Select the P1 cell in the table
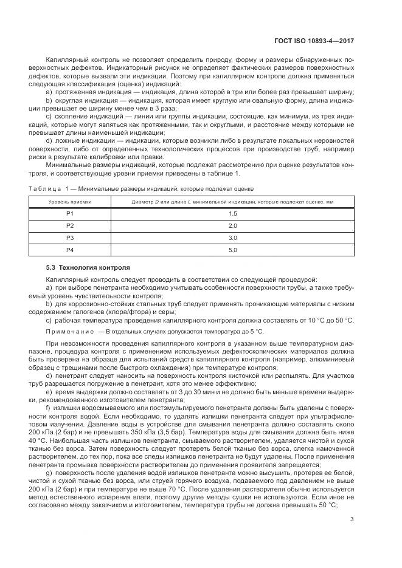tap(69, 213)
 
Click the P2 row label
tap(69, 225)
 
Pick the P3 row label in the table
tap(69, 238)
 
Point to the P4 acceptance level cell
tap(69, 250)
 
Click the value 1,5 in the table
tap(232, 213)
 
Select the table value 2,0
tap(232, 225)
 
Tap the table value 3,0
tap(232, 238)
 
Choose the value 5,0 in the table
tap(232, 250)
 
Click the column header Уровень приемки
tap(69, 201)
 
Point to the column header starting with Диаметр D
tap(232, 201)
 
